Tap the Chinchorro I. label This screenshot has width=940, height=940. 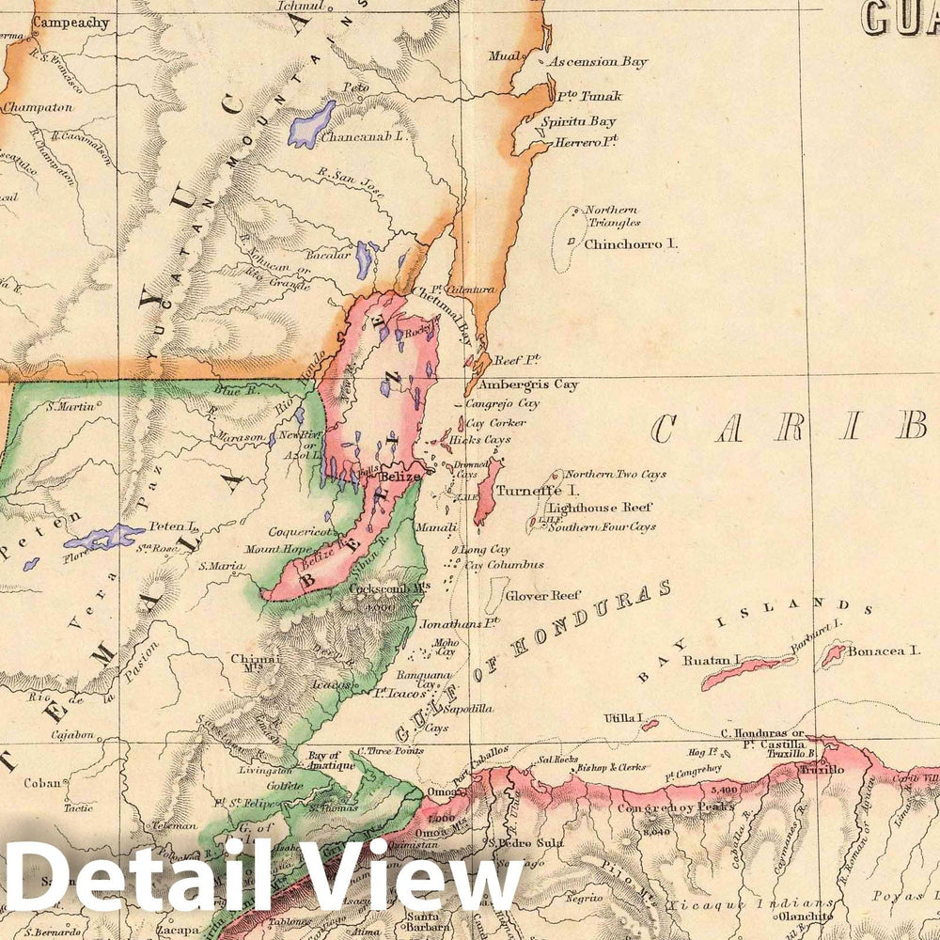click(631, 243)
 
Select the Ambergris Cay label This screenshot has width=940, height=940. click(528, 384)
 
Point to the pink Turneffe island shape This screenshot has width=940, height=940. click(488, 491)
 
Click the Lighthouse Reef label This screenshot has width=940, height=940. click(601, 507)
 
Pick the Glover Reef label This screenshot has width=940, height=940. click(544, 595)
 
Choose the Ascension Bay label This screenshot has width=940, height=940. click(599, 62)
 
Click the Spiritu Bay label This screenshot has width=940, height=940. click(578, 121)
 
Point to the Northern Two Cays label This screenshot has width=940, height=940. click(616, 475)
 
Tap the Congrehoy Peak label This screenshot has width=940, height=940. click(663, 806)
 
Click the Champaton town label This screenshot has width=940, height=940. click(38, 108)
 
